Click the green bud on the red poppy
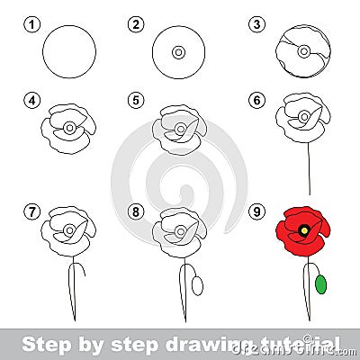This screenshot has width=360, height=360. tap(321, 283)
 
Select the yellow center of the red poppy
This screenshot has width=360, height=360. tap(304, 230)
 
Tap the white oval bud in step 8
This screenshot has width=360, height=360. tap(198, 284)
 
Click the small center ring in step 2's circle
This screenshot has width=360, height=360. tap(178, 53)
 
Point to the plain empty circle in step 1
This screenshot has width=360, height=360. tap(69, 52)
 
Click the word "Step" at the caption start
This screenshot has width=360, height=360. tap(40, 343)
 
